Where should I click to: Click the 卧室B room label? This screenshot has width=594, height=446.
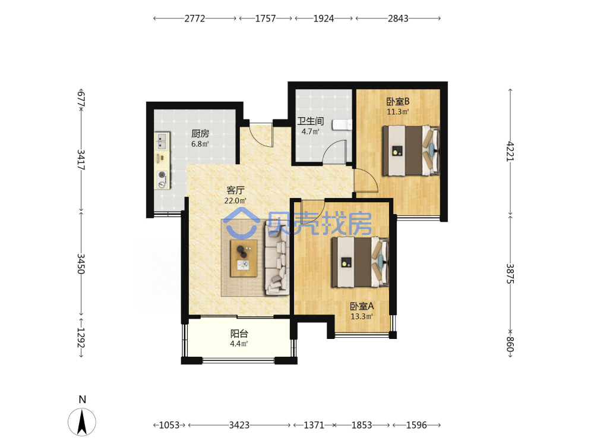tap(398, 102)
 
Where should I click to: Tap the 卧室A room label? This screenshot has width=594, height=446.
tap(362, 306)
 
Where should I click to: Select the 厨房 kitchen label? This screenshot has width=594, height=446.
tap(200, 133)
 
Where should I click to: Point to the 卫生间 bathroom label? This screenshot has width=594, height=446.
tap(310, 121)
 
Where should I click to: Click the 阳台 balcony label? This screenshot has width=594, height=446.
tap(239, 334)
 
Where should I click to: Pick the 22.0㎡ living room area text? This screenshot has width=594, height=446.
tap(235, 200)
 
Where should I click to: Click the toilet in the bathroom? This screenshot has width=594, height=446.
tap(342, 125)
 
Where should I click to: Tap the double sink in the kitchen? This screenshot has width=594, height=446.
tap(162, 140)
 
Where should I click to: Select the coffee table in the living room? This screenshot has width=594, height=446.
tap(244, 258)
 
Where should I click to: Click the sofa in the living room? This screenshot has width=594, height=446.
tap(277, 258)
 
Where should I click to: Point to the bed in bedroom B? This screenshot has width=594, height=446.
tap(411, 150)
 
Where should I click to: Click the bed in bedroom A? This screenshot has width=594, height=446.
tap(361, 262)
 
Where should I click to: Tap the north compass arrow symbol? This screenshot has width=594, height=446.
tap(82, 422)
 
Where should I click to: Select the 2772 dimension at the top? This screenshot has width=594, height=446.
tap(195, 18)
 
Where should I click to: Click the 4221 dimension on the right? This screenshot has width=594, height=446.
tap(510, 151)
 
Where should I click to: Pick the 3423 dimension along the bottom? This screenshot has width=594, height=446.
tap(239, 425)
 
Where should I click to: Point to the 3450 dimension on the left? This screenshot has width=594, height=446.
tap(81, 263)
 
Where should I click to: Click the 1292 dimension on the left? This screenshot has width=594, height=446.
tap(81, 338)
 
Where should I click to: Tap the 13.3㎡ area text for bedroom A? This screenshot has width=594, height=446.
tap(362, 316)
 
